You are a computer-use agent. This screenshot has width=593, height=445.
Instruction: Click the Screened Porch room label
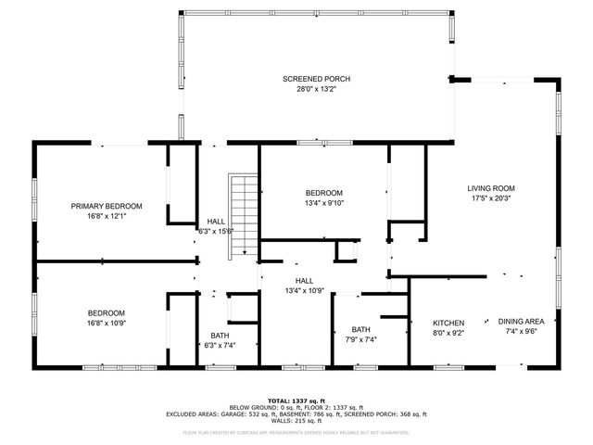[x=316, y=80]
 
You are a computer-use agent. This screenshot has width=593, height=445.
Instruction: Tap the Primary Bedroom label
[x=107, y=206]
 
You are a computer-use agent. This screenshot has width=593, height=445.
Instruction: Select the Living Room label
[x=489, y=187]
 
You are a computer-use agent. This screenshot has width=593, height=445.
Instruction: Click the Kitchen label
[x=448, y=323]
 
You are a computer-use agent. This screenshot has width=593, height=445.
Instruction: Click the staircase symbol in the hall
[x=242, y=216]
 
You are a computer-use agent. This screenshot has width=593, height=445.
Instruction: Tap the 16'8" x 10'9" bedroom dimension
[x=107, y=324]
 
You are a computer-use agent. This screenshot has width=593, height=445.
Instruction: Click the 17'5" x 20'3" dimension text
[x=489, y=197]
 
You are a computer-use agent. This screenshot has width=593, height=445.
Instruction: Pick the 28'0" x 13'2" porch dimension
[x=316, y=90]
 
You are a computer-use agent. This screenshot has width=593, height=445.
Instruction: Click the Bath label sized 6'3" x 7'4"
[x=220, y=336]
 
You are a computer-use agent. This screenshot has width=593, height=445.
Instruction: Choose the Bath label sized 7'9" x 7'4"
[x=360, y=329]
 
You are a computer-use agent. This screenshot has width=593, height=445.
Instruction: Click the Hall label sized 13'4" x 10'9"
[x=303, y=280]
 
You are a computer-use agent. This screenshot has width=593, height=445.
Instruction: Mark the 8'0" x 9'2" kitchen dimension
[x=448, y=333]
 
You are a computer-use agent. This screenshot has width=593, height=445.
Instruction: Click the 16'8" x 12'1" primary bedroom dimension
[x=107, y=216]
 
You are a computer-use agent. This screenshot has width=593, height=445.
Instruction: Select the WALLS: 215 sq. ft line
[x=296, y=422]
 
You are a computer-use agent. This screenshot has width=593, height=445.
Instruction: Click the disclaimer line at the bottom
[x=296, y=432]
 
